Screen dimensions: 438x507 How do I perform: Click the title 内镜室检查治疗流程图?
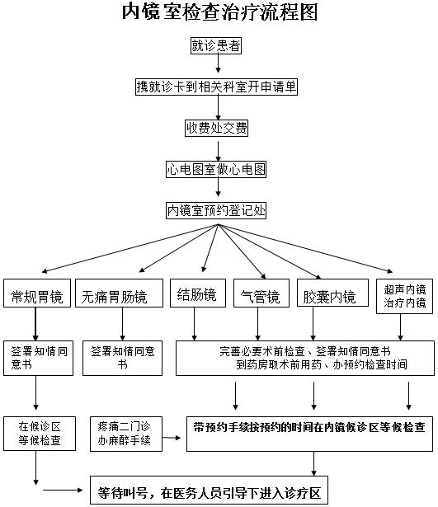219,12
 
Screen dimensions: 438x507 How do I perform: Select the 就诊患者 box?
216,45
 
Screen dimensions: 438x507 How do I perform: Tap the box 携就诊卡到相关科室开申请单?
216,87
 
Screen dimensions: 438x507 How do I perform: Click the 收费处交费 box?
216,128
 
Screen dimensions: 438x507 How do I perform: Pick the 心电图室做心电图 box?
216,169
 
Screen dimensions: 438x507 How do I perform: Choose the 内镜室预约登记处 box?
216,210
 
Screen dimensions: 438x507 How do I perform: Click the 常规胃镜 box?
37,293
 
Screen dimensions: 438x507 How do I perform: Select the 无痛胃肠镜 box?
119,293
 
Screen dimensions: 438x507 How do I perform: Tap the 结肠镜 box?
198,293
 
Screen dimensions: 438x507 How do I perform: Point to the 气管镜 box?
261,293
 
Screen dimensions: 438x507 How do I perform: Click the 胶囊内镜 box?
332,293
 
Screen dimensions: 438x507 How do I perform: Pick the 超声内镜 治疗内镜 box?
404,296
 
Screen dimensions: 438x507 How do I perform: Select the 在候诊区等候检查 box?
40,434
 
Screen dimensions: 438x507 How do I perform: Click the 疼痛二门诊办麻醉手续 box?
126,434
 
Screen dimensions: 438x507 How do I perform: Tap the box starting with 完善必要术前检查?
305,358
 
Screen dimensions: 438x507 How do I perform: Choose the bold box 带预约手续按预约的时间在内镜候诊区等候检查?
309,434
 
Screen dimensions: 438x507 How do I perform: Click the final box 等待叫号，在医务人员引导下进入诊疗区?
209,490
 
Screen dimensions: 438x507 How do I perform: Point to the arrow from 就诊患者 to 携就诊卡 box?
218,63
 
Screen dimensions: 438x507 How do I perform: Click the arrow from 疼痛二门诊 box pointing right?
172,438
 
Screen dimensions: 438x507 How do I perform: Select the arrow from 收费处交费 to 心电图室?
218,151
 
